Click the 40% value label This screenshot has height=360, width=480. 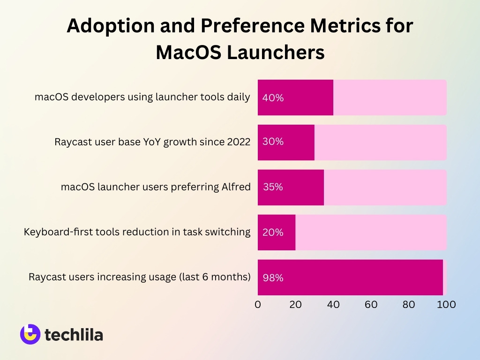click(273, 98)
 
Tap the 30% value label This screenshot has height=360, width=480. click(273, 142)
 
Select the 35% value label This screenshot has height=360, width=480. click(273, 187)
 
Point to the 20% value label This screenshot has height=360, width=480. click(273, 232)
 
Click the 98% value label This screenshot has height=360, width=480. click(273, 277)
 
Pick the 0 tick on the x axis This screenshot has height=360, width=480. click(258, 304)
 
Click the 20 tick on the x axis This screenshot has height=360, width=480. click(295, 304)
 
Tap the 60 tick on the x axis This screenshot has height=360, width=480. click(371, 304)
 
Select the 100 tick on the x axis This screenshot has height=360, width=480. click(446, 304)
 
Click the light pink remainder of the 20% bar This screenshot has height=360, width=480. click(370, 232)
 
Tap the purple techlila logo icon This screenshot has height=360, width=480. click(30, 334)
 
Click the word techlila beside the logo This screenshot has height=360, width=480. click(74, 335)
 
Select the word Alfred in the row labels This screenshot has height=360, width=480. click(235, 187)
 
